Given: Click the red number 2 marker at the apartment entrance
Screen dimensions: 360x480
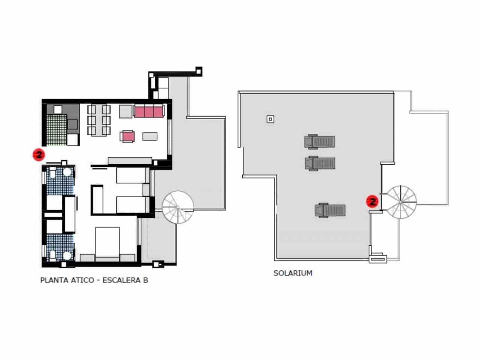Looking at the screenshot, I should (39, 154).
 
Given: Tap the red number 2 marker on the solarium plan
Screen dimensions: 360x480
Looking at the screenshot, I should (372, 202).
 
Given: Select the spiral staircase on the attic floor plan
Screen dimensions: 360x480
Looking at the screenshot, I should (178, 207).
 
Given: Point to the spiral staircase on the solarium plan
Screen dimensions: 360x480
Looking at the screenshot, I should (401, 202).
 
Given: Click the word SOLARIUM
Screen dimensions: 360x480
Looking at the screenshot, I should (292, 273).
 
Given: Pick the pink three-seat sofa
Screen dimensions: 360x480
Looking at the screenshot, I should (149, 111).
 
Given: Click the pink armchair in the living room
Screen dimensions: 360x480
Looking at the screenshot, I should (128, 136).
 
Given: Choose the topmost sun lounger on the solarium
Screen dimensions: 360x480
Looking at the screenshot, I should (319, 142).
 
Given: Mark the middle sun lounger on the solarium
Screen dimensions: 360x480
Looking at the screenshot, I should (320, 163).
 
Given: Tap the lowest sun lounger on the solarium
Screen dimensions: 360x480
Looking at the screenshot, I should (330, 210).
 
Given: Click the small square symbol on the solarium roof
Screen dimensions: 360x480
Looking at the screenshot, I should (270, 119).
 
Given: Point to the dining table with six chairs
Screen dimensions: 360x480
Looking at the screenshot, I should (99, 120).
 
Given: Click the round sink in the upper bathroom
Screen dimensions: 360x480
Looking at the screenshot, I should (67, 172).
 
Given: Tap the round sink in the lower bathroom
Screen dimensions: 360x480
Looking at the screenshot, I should (67, 255).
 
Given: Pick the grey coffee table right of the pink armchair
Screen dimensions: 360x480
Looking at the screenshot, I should (150, 136).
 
